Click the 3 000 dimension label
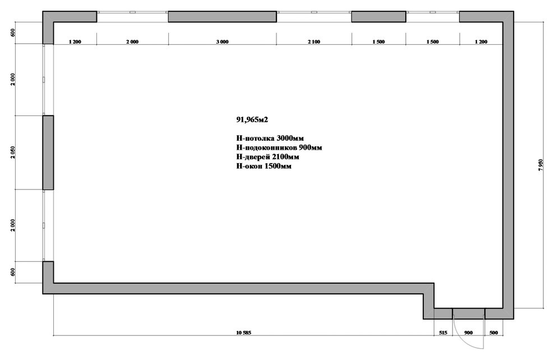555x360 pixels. [x=223, y=41]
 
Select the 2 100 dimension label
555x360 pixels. [x=314, y=41]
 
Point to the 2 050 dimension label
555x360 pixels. [x=13, y=153]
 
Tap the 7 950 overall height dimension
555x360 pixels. [x=540, y=165]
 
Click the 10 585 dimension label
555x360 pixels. [x=243, y=333]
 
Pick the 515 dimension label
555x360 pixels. [x=443, y=333]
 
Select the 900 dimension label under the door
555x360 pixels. [x=468, y=333]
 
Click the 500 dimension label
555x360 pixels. [x=493, y=333]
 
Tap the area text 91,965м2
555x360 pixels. [x=252, y=119]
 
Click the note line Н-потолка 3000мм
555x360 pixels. [x=270, y=138]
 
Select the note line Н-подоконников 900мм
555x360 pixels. [x=279, y=147]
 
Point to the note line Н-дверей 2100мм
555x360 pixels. [x=267, y=157]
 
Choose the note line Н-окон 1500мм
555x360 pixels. [x=263, y=167]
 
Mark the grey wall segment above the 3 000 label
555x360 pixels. [x=223, y=17]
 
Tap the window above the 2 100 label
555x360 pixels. [x=314, y=12]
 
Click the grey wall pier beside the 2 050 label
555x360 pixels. [x=48, y=153]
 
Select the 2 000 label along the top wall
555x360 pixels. [x=132, y=41]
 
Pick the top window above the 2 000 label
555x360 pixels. [x=132, y=12]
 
